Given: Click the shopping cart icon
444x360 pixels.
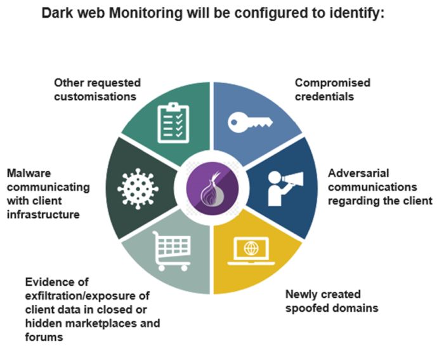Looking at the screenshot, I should [169, 250].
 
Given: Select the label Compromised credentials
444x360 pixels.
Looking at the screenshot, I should [332, 90].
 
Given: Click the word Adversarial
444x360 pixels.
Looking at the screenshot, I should [359, 173].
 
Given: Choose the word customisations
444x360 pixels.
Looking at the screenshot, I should [95, 97].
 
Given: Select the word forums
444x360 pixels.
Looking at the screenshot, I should [44, 338].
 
